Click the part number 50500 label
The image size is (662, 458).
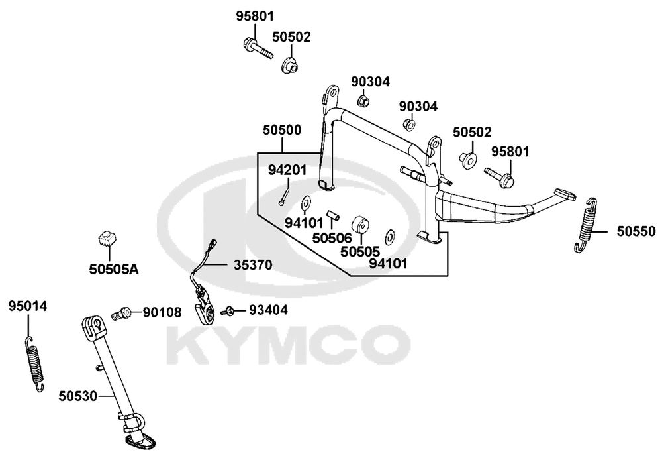pos(282,130)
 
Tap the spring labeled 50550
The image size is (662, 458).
pos(586,225)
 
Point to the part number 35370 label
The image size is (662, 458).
pos(253,265)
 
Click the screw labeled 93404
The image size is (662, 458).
pos(226,312)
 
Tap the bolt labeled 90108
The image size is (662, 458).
pos(122,314)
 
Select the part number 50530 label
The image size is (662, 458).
pos(77,396)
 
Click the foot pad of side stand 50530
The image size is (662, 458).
pos(139,441)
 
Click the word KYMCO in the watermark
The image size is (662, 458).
pos(289,345)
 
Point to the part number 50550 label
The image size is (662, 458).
pos(636,231)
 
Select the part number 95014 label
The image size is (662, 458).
pos(28,306)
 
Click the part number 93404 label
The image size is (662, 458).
pos(268,310)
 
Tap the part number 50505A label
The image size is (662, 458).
pos(114,269)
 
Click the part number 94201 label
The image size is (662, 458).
pos(287,170)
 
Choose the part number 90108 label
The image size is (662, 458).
pos(162,313)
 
